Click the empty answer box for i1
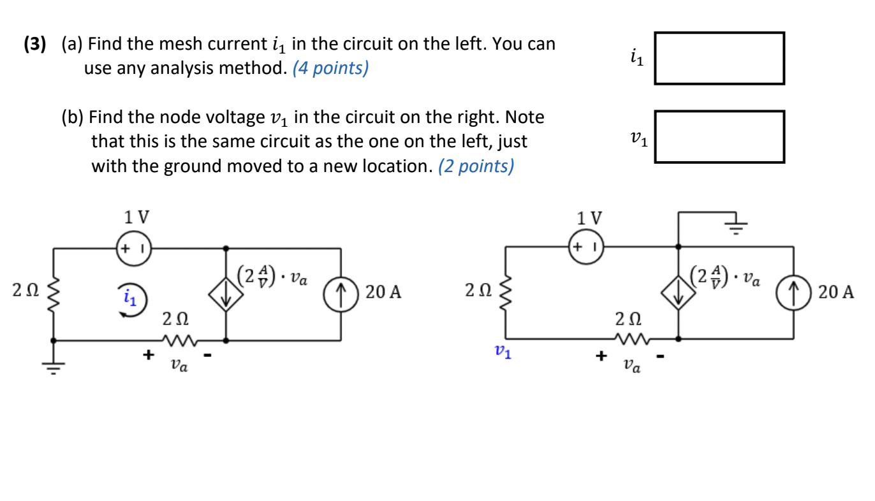pos(719,59)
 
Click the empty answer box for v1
pos(719,136)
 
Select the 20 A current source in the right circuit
pos(793,293)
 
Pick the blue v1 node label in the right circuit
pos(503,352)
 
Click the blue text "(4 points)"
pos(330,68)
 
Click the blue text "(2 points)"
pos(476,166)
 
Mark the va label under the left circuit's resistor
pos(179,366)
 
